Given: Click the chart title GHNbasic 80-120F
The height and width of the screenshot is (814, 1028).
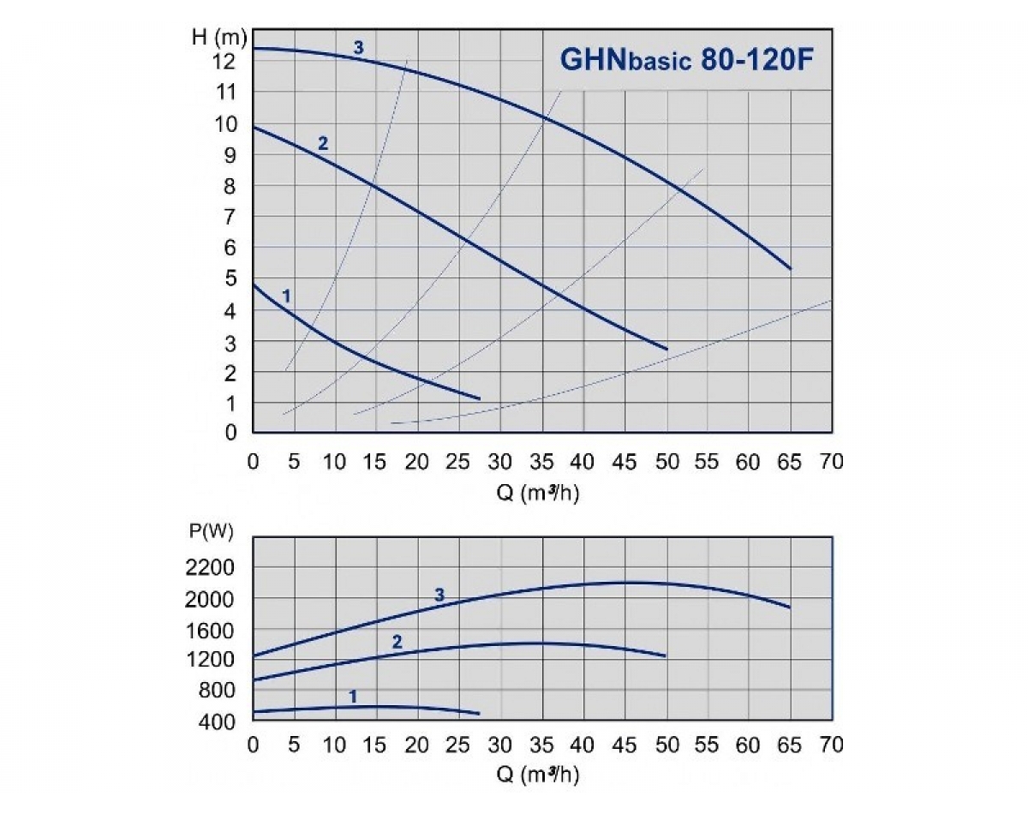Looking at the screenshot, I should click(x=687, y=61).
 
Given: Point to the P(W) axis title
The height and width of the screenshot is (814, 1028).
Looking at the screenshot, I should click(x=210, y=531).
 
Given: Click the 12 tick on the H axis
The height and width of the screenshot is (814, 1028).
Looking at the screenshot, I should click(x=224, y=62).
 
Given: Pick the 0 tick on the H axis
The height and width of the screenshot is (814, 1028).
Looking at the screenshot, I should click(x=230, y=433).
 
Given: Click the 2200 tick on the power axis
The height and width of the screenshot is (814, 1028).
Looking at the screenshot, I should click(x=210, y=568).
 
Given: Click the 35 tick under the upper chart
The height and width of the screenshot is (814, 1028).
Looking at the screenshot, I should click(x=542, y=462).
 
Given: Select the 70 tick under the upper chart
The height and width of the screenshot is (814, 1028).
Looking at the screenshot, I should click(x=831, y=462).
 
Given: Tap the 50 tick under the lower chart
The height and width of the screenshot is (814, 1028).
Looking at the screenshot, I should click(x=666, y=745).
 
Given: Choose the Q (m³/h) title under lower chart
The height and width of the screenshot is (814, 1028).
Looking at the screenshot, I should click(x=541, y=776).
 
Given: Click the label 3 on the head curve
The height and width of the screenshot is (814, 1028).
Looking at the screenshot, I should click(x=359, y=48).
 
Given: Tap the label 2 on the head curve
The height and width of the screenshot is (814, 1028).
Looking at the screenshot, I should click(x=323, y=143).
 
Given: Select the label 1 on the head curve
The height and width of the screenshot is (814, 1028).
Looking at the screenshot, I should click(x=287, y=296).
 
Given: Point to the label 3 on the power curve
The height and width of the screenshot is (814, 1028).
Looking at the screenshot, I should click(x=439, y=595).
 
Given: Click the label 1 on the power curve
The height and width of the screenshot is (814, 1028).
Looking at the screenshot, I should click(x=353, y=697).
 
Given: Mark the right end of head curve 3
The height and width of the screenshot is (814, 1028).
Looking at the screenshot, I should click(x=790, y=268).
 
